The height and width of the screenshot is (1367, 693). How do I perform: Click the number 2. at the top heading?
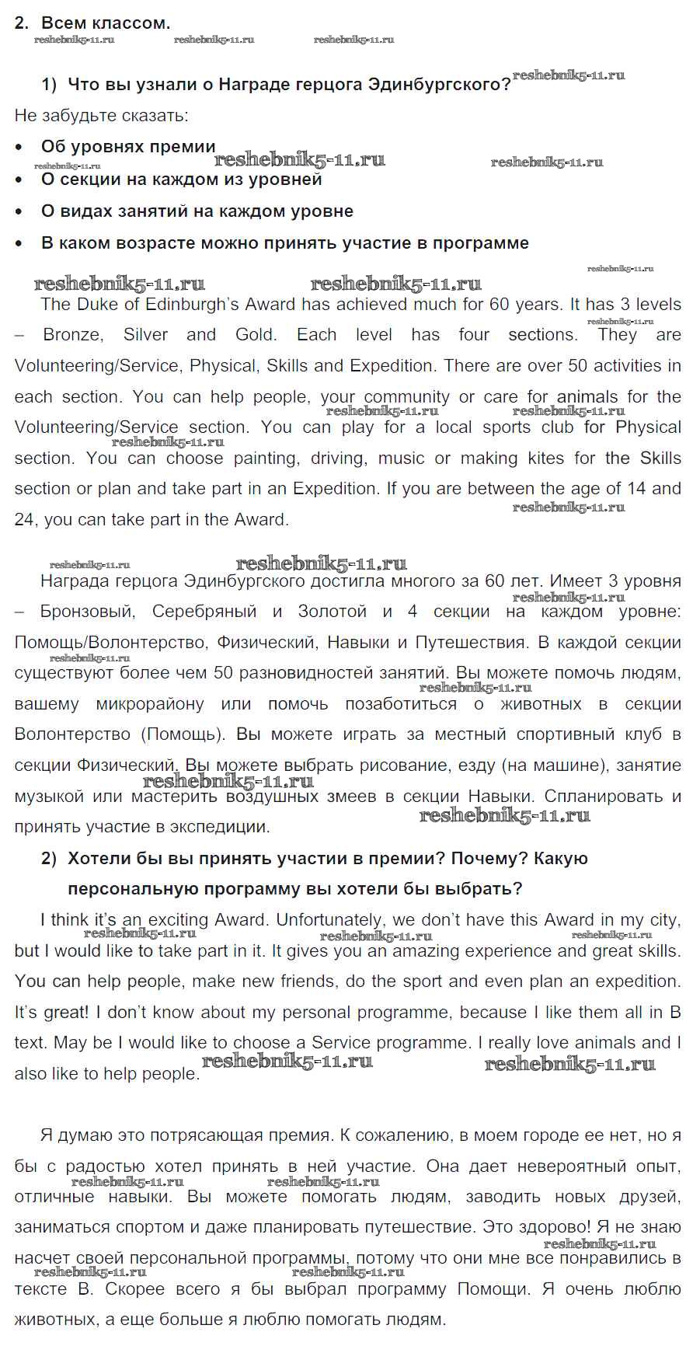(22, 23)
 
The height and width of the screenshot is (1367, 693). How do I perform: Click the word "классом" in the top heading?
(131, 23)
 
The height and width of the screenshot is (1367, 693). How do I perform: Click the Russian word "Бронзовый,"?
(87, 612)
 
